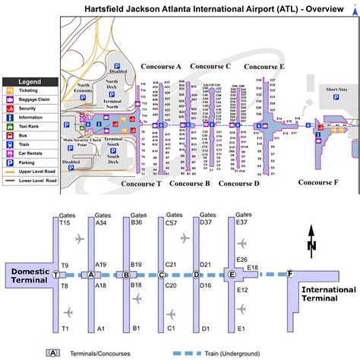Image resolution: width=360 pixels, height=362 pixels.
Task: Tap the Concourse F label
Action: point(318,160)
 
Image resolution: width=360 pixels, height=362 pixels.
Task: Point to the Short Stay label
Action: point(337,89)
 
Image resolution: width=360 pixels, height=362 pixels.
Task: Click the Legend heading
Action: point(30,80)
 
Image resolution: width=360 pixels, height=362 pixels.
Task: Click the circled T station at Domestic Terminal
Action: point(56,274)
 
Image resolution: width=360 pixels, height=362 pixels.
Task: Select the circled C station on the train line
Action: point(162,274)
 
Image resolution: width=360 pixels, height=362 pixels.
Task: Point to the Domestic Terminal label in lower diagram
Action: point(28,274)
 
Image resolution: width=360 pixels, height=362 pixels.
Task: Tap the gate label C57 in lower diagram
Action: point(172,222)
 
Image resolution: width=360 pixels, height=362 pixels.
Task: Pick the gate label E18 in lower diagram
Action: point(253,267)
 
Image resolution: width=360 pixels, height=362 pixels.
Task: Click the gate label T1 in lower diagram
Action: point(65,329)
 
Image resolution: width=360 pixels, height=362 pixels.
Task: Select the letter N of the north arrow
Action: point(311,245)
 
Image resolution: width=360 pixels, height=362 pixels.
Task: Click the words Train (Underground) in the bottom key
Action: point(228,353)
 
